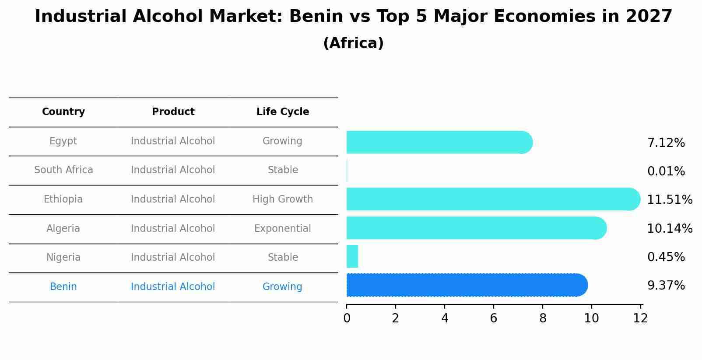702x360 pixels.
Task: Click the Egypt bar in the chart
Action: point(438,142)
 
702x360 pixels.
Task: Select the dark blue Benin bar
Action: point(466,285)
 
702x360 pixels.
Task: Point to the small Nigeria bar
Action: point(352,256)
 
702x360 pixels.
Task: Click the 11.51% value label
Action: point(669,200)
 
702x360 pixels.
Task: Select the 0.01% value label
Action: point(666,171)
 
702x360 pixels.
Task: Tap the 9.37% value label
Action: point(666,286)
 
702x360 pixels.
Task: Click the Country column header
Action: point(63,112)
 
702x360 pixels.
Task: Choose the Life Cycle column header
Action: point(283,112)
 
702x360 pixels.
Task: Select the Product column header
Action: point(173,112)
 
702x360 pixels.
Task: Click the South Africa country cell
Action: point(63,170)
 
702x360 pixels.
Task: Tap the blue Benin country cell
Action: point(63,287)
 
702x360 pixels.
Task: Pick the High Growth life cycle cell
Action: point(283,199)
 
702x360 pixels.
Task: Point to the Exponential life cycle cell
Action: point(283,229)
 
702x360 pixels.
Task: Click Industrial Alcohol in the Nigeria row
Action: point(173,258)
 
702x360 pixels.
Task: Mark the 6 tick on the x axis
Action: point(494,318)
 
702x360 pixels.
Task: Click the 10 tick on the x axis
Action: point(592,318)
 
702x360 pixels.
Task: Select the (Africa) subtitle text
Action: point(353,43)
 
